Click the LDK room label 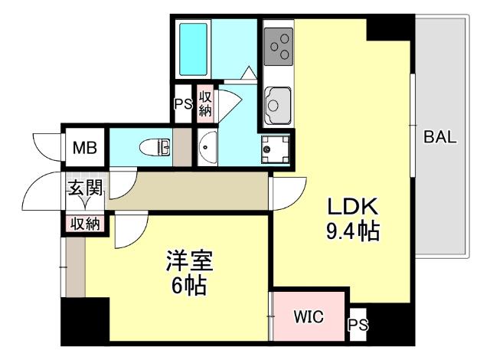tap(353, 207)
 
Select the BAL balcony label tap(440, 138)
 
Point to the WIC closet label tap(308, 316)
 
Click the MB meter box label tap(84, 148)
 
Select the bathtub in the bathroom tap(193, 47)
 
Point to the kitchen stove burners tap(278, 47)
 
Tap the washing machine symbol tap(275, 149)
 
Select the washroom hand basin tap(207, 148)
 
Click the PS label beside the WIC tap(358, 326)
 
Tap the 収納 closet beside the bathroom tap(205, 103)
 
